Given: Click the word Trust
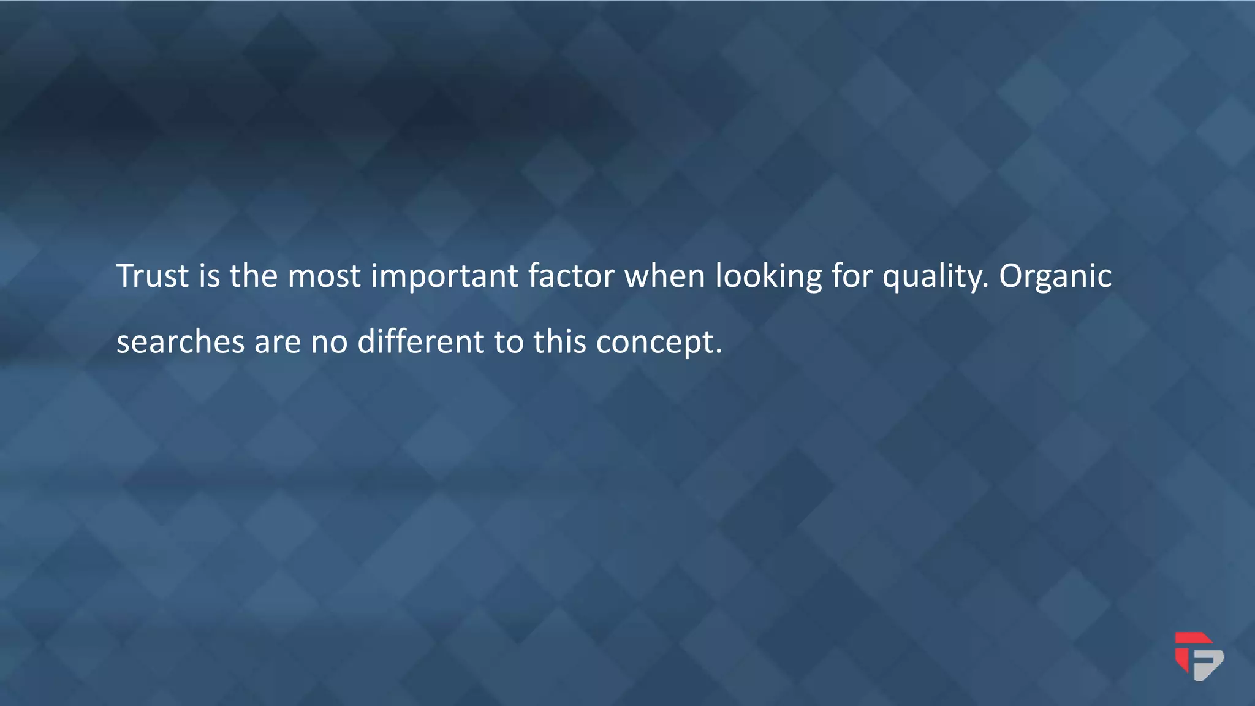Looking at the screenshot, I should click(153, 276).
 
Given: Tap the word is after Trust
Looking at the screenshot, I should click(209, 276).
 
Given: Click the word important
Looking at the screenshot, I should click(444, 277).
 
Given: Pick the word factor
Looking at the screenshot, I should click(571, 276).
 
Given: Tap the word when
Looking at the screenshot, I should click(664, 276).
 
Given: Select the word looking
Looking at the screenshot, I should click(768, 277).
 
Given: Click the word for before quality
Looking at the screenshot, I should click(852, 276).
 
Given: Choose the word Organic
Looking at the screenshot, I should click(1055, 277).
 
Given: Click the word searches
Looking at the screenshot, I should click(181, 341).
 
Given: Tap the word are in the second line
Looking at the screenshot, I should click(278, 343).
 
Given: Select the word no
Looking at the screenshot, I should click(329, 343).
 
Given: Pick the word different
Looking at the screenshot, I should click(421, 341).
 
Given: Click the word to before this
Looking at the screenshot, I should click(508, 342).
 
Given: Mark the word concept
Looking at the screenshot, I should click(659, 343).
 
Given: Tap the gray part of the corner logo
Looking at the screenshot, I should click(1208, 665).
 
